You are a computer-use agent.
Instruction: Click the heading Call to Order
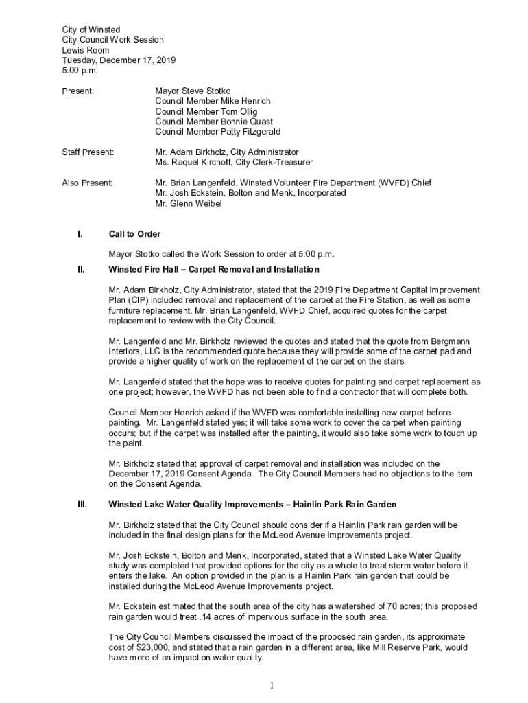point(134,234)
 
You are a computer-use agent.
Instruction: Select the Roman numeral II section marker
point(80,269)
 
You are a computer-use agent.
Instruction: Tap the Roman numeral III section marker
point(82,505)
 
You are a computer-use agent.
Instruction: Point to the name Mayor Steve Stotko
point(193,91)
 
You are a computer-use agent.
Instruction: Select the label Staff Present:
point(88,152)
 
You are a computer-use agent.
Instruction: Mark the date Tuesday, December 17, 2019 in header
point(119,60)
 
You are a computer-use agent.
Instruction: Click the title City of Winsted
point(91,30)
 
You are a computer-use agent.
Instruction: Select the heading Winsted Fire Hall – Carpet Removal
point(214,269)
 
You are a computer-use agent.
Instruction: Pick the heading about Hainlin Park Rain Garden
point(252,505)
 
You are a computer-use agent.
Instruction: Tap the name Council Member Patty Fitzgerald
point(217,131)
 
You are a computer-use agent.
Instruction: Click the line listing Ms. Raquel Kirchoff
point(234,162)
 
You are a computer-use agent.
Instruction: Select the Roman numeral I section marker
point(80,234)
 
